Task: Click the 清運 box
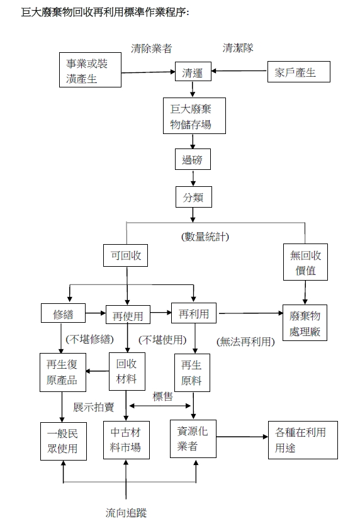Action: [x=193, y=72]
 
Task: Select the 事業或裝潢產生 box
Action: [x=90, y=70]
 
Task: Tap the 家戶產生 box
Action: [x=298, y=72]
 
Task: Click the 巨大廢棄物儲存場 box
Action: [x=194, y=116]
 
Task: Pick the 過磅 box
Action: [x=193, y=159]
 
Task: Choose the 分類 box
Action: [x=194, y=197]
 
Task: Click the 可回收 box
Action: [x=125, y=255]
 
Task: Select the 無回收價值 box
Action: [x=305, y=262]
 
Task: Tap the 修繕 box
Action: [x=63, y=313]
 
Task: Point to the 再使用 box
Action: [x=128, y=315]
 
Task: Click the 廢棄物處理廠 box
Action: [x=305, y=323]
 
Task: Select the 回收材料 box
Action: [x=127, y=371]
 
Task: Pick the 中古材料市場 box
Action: [x=126, y=440]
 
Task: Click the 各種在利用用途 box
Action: [x=303, y=440]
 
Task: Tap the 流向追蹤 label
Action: [x=126, y=513]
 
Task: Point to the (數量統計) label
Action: [x=205, y=237]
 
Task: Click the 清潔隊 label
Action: [x=238, y=48]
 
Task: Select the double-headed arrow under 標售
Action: [x=160, y=406]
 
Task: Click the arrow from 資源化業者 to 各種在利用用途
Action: [x=242, y=437]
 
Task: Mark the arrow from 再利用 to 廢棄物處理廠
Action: [x=251, y=313]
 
